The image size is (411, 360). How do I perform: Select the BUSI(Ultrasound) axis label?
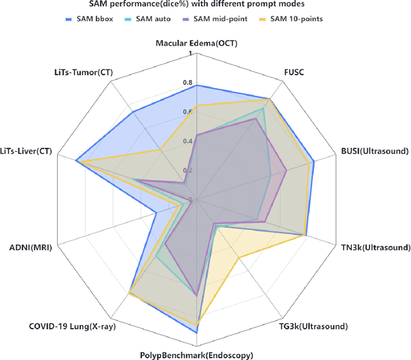pyautogui.click(x=376, y=152)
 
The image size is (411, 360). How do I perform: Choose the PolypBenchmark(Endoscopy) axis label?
pyautogui.click(x=197, y=355)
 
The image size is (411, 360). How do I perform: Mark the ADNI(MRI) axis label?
pyautogui.click(x=31, y=247)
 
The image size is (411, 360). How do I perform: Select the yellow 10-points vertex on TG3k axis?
pyautogui.click(x=238, y=258)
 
